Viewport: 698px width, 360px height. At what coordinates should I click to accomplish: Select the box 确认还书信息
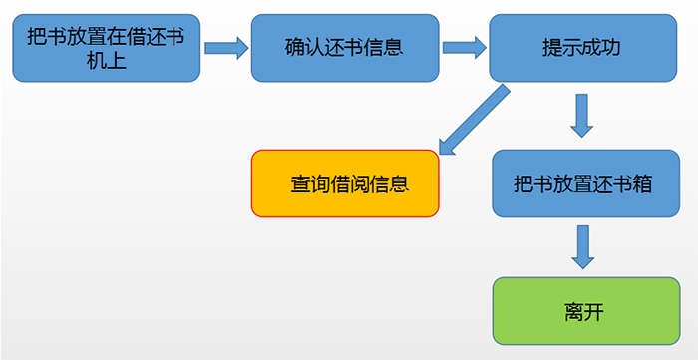pos(344,47)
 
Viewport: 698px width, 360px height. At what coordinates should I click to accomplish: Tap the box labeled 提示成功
pos(582,48)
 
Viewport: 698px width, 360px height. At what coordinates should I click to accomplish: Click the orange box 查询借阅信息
pos(344,183)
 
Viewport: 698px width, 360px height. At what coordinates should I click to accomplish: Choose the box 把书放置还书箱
pos(583,183)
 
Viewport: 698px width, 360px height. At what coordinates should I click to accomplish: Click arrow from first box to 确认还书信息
pos(226,46)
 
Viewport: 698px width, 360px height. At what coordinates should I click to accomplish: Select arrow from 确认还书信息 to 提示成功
pos(464,46)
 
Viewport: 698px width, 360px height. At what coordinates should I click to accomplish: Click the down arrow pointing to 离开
pos(583,245)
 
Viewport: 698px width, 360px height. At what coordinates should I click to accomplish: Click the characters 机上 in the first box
pos(108,63)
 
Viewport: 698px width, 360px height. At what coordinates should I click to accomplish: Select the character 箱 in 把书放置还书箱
pos(643,184)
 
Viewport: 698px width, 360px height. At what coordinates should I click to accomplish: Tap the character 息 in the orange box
pos(400,184)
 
